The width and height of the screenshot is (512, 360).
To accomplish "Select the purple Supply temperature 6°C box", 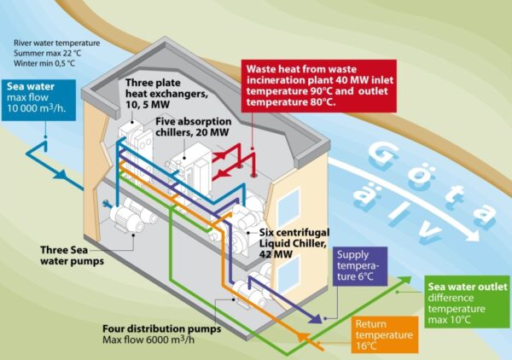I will (360, 265).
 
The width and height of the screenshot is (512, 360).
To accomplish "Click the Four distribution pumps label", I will (160, 328).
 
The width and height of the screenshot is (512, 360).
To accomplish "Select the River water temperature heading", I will (56, 43).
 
